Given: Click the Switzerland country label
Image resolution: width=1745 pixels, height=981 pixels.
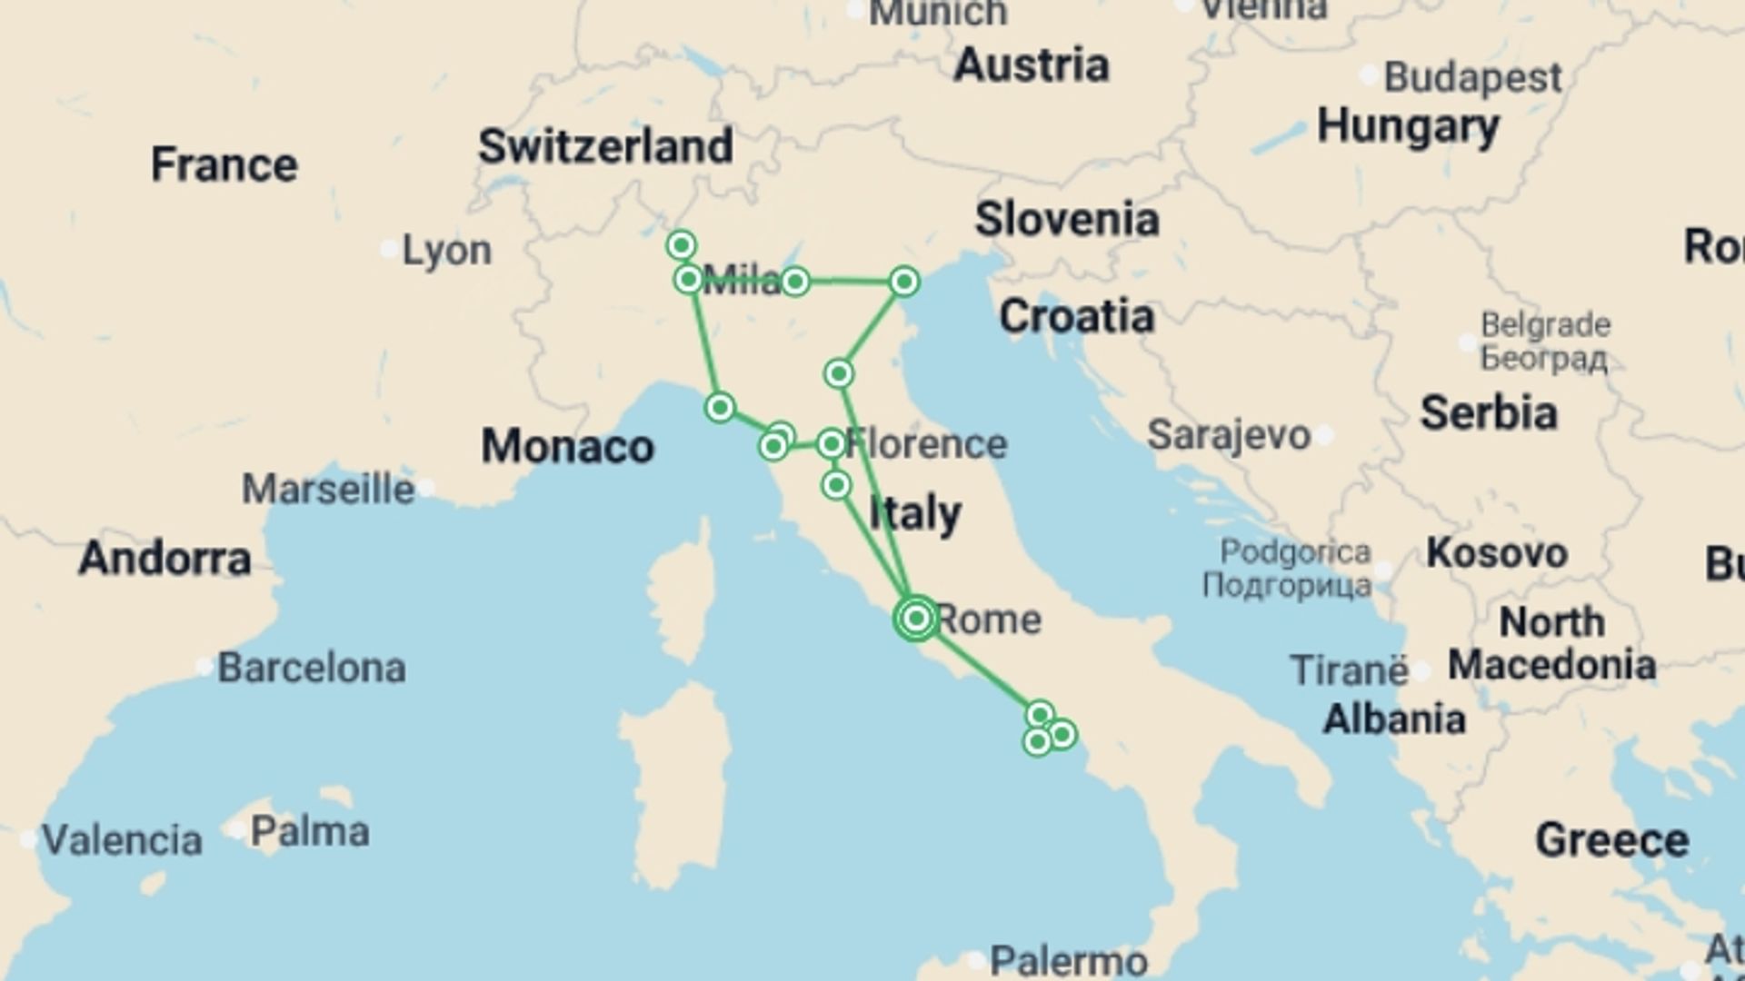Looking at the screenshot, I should click(x=605, y=146).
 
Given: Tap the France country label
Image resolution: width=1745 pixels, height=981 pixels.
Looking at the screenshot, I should click(x=224, y=164).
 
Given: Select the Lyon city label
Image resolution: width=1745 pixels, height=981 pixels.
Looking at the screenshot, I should click(x=446, y=250).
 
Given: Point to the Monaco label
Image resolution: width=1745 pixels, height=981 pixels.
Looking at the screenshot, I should click(x=567, y=447).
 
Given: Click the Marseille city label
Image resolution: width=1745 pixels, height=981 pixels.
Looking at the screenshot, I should click(x=328, y=490).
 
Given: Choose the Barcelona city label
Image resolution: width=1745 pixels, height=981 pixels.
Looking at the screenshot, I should click(x=311, y=669).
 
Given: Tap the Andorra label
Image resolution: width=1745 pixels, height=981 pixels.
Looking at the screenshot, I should click(x=165, y=558).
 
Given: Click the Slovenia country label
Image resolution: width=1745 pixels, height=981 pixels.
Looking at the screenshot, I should click(x=1067, y=220).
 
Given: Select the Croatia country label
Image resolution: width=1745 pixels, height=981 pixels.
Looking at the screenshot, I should click(x=1076, y=316).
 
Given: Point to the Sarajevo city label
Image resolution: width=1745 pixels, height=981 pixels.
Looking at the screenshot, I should click(x=1229, y=435).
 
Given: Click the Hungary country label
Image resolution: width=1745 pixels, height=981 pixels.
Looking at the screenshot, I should click(x=1408, y=126).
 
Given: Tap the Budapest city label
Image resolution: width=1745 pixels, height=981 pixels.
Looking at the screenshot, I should click(x=1472, y=78).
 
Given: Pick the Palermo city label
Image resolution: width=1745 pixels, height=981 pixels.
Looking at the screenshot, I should click(x=1069, y=959).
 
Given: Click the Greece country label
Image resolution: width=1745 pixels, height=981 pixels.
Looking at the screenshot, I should click(x=1611, y=840).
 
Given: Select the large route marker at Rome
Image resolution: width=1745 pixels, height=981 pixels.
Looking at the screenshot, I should click(x=916, y=619).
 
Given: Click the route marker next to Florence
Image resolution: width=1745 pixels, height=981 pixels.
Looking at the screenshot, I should click(x=831, y=444).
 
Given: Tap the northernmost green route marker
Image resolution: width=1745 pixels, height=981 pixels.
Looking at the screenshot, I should click(x=681, y=245).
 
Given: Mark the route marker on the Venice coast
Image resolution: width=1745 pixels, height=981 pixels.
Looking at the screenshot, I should click(x=903, y=282).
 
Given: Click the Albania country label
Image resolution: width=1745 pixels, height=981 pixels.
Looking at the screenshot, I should click(x=1394, y=719).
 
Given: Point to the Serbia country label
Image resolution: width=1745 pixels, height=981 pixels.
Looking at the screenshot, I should click(x=1489, y=413).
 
